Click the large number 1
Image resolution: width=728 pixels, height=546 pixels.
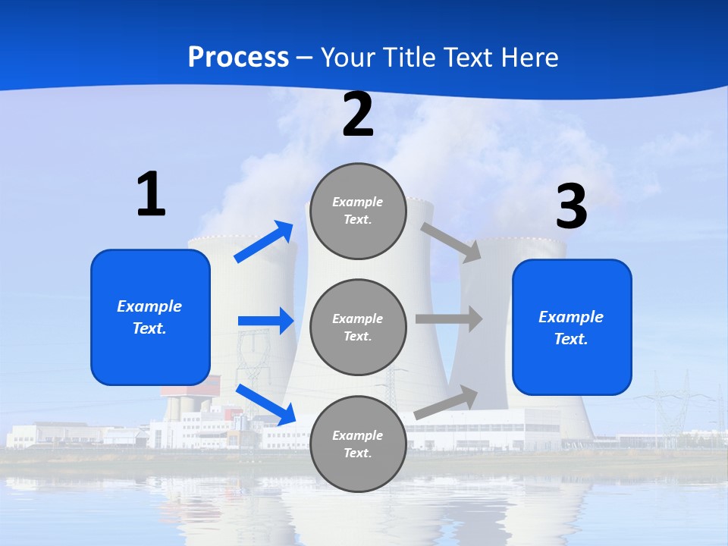(x=151, y=195)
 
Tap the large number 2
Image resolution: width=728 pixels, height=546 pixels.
(x=358, y=115)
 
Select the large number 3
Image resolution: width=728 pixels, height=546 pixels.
(x=571, y=207)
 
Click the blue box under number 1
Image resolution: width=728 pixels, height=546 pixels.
(x=150, y=317)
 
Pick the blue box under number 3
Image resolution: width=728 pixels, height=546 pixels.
(x=572, y=327)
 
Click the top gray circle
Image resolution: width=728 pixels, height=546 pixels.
(x=358, y=211)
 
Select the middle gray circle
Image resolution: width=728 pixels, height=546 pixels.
(x=358, y=327)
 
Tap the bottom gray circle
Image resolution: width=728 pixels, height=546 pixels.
(x=358, y=444)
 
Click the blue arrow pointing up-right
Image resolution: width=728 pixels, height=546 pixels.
(x=264, y=242)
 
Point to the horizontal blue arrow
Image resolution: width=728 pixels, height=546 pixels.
(x=265, y=321)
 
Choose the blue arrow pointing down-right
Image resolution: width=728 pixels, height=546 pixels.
(x=265, y=404)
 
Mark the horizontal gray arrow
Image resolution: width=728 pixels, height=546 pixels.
(x=449, y=319)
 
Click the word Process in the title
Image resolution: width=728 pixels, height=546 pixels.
(x=238, y=58)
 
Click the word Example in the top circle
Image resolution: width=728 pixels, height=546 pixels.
(x=358, y=202)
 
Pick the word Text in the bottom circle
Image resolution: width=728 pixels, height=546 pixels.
(x=356, y=453)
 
